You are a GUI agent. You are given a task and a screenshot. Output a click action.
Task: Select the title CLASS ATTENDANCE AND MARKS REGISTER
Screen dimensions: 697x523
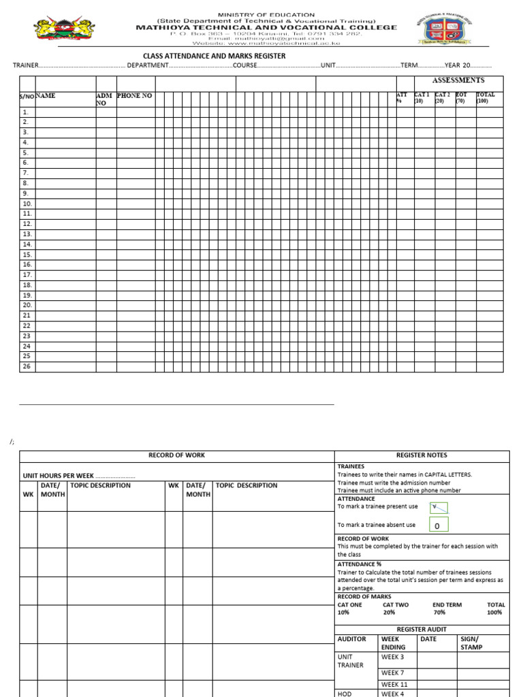pyautogui.click(x=214, y=56)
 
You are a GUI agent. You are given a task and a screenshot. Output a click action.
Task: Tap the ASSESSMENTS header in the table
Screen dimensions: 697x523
pyautogui.click(x=458, y=80)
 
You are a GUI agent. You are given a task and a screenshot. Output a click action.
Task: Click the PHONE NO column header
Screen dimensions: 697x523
pyautogui.click(x=135, y=96)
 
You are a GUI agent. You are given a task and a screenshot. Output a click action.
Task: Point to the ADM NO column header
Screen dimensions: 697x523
pyautogui.click(x=104, y=99)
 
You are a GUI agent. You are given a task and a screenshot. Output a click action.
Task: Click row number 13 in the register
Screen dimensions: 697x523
pyautogui.click(x=27, y=234)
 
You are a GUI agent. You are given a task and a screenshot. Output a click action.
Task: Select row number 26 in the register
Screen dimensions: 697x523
pyautogui.click(x=27, y=366)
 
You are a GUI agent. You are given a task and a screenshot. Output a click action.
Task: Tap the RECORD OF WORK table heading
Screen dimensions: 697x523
pyautogui.click(x=176, y=455)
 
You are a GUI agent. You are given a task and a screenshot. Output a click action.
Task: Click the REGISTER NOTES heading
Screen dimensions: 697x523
pyautogui.click(x=422, y=455)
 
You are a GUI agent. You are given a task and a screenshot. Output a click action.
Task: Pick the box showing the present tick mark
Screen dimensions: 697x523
pyautogui.click(x=437, y=507)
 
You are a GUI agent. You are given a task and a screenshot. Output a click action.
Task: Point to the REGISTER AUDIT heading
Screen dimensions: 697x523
pyautogui.click(x=422, y=630)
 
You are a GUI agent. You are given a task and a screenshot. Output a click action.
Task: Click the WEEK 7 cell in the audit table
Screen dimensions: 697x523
pyautogui.click(x=393, y=672)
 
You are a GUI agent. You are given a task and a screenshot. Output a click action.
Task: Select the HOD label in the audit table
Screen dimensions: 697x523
pyautogui.click(x=344, y=693)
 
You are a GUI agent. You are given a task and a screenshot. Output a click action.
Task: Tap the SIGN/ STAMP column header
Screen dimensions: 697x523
pyautogui.click(x=471, y=643)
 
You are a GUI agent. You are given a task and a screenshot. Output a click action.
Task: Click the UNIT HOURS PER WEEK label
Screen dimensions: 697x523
pyautogui.click(x=59, y=475)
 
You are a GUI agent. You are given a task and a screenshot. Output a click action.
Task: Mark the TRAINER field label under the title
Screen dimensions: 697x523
pyautogui.click(x=26, y=65)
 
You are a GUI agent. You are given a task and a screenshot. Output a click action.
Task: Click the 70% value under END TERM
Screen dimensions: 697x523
pyautogui.click(x=440, y=613)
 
